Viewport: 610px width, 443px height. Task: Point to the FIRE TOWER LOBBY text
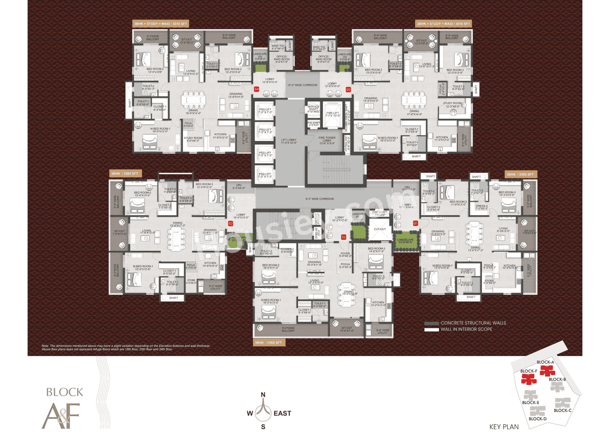pyautogui.click(x=328, y=139)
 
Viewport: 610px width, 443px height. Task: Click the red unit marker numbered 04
pyautogui.click(x=256, y=89)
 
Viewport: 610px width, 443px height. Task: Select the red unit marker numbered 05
pyautogui.click(x=348, y=89)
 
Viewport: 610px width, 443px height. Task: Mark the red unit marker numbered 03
pyautogui.click(x=230, y=223)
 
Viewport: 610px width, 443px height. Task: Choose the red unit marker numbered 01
pyautogui.click(x=415, y=222)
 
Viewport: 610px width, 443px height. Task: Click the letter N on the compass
pyautogui.click(x=263, y=394)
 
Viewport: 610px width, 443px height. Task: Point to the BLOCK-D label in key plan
pyautogui.click(x=538, y=419)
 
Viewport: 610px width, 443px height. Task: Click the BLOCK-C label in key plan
pyautogui.click(x=563, y=410)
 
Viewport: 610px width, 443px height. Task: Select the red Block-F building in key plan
pyautogui.click(x=528, y=379)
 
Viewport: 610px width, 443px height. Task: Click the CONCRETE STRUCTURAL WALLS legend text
pyautogui.click(x=473, y=323)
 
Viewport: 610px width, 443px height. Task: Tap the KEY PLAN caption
pyautogui.click(x=504, y=427)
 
